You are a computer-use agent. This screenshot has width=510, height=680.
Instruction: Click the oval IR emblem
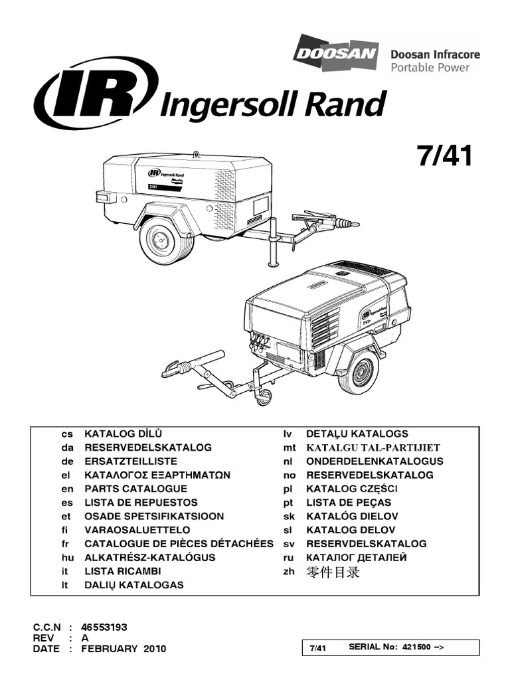[98, 101]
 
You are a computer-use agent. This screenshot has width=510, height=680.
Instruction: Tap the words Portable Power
[439, 67]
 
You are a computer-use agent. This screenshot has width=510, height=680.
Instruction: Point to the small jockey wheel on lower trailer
[264, 396]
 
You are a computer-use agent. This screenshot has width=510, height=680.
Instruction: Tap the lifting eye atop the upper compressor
[197, 155]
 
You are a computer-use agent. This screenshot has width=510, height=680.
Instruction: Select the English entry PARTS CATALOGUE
[131, 489]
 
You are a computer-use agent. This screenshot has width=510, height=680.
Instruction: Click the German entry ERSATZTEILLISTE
[131, 461]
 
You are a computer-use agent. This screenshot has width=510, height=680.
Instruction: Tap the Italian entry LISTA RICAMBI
[122, 571]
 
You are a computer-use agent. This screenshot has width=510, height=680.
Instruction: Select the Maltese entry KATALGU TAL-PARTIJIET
[373, 448]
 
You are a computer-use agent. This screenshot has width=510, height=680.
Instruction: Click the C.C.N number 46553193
[104, 626]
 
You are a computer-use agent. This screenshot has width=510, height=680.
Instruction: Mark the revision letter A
[85, 637]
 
